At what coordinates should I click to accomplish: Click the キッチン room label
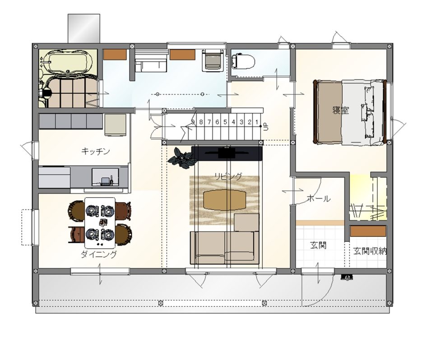click(96, 151)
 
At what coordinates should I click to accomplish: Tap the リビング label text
click(228, 176)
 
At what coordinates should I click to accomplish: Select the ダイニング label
click(99, 254)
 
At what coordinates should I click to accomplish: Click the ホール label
click(319, 199)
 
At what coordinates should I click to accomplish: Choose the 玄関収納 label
click(370, 251)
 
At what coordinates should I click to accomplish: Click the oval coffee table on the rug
click(225, 199)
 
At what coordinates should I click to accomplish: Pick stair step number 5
click(225, 122)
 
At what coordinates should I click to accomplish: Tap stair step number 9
click(193, 122)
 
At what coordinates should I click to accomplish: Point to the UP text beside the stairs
click(266, 126)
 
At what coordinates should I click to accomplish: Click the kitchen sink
click(105, 177)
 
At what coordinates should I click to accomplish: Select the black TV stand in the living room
click(227, 153)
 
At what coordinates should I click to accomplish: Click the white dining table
click(100, 222)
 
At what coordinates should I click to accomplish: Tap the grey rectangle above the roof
click(83, 28)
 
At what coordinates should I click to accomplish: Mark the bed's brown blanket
click(329, 111)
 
